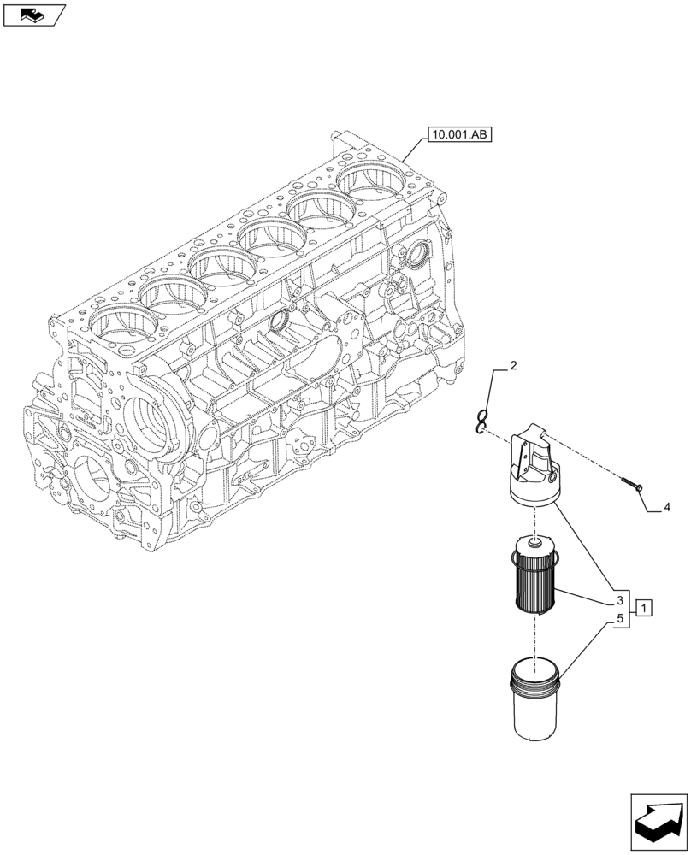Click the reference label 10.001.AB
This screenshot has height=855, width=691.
461,134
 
